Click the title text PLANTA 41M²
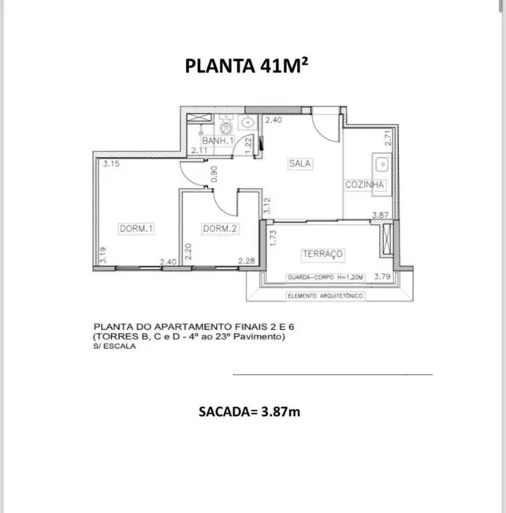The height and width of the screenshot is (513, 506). tap(247, 66)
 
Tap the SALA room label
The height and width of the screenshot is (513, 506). tap(300, 164)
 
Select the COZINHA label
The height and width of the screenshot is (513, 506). tap(365, 185)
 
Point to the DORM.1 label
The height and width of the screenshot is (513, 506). tap(136, 229)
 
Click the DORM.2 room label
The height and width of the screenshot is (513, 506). tap(220, 229)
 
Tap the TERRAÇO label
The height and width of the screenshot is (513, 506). tap(322, 253)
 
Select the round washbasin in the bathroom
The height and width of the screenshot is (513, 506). tap(246, 122)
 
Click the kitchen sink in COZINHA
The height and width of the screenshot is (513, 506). tap(383, 166)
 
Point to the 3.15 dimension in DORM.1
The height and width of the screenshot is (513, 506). tap(110, 165)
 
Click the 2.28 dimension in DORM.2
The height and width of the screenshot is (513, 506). tap(247, 262)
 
